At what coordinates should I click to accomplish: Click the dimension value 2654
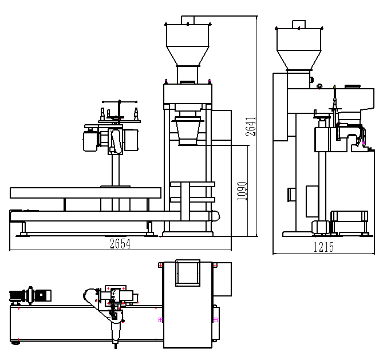point(120,244)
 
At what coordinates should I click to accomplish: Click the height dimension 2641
point(251,126)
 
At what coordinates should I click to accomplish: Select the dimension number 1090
point(242,191)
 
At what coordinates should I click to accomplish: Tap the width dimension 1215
point(323,247)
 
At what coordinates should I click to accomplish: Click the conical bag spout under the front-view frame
point(188,130)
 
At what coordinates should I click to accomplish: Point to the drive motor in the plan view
point(30,295)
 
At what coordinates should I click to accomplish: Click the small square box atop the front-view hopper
point(188,20)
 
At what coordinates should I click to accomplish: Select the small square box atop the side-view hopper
point(299,25)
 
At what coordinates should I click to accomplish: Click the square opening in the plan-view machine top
point(188,273)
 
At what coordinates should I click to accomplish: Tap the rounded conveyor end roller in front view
point(215,216)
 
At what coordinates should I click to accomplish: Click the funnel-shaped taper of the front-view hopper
point(188,56)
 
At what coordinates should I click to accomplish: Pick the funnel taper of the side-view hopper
point(299,60)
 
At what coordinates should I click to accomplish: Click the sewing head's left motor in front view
point(90,141)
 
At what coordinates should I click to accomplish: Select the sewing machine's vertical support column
point(115,170)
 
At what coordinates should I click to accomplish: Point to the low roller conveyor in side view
point(349,221)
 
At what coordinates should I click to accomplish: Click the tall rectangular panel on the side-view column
point(312,201)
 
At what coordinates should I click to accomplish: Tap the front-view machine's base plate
point(188,234)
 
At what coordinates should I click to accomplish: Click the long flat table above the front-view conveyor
point(85,193)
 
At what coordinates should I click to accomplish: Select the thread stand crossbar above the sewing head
point(120,102)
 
